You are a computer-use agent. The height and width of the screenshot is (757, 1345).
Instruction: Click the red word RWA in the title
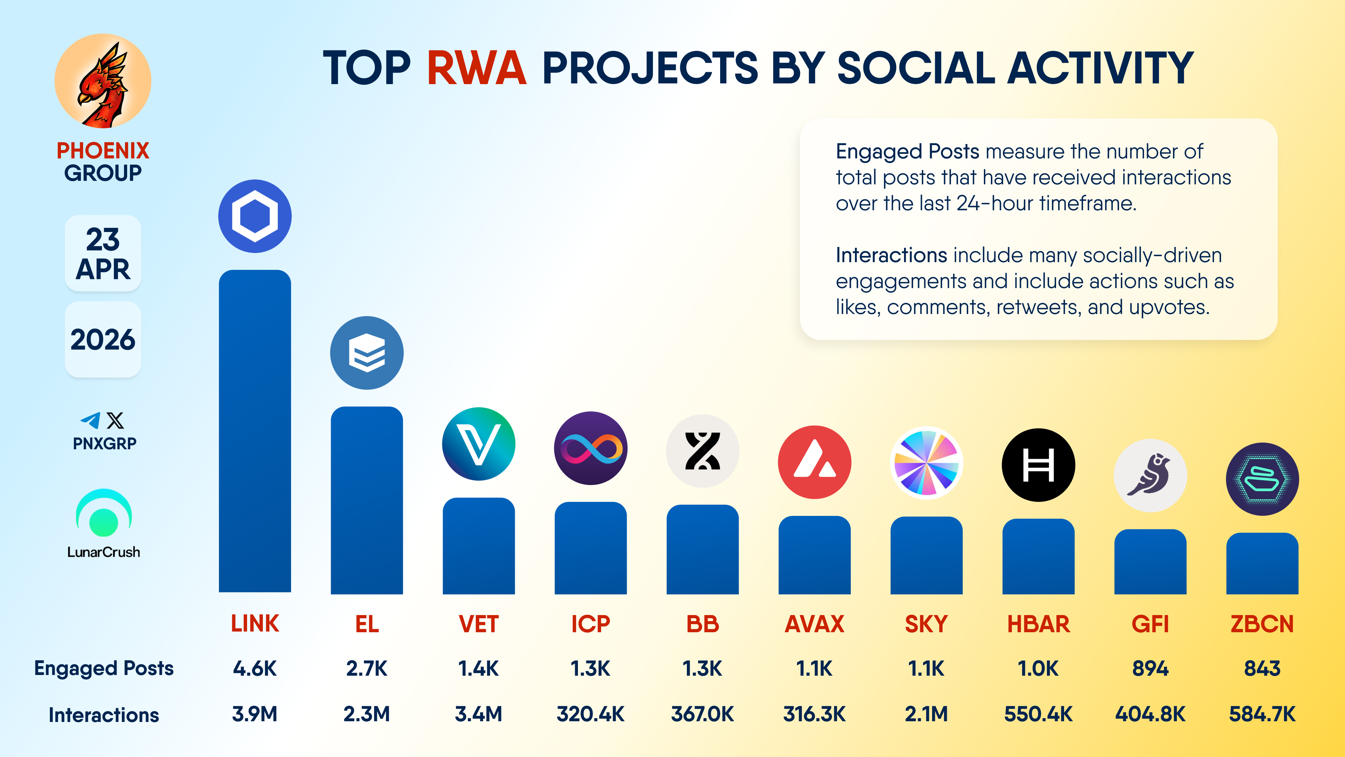click(476, 68)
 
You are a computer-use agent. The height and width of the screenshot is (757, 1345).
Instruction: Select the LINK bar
click(255, 431)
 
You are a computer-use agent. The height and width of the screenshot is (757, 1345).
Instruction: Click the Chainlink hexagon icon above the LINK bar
click(255, 216)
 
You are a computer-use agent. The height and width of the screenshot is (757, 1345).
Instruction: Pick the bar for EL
click(366, 500)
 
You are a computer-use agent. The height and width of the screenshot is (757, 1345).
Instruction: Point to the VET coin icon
click(478, 444)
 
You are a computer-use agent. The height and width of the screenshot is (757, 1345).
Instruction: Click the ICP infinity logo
click(591, 448)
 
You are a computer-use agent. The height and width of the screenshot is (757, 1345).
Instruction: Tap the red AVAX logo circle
click(814, 462)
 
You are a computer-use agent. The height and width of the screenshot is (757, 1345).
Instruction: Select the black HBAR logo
click(1038, 465)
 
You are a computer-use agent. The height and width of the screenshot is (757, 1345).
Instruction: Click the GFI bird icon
click(1150, 476)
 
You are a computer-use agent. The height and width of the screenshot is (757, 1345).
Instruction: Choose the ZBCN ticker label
click(1262, 624)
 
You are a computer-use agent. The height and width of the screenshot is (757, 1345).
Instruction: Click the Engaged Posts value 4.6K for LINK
click(255, 668)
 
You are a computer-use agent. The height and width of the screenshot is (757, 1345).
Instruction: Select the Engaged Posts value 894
click(1150, 668)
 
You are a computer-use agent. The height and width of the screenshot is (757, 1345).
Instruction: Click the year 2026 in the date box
click(103, 340)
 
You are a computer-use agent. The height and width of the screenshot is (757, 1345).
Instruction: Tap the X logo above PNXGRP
click(115, 420)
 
